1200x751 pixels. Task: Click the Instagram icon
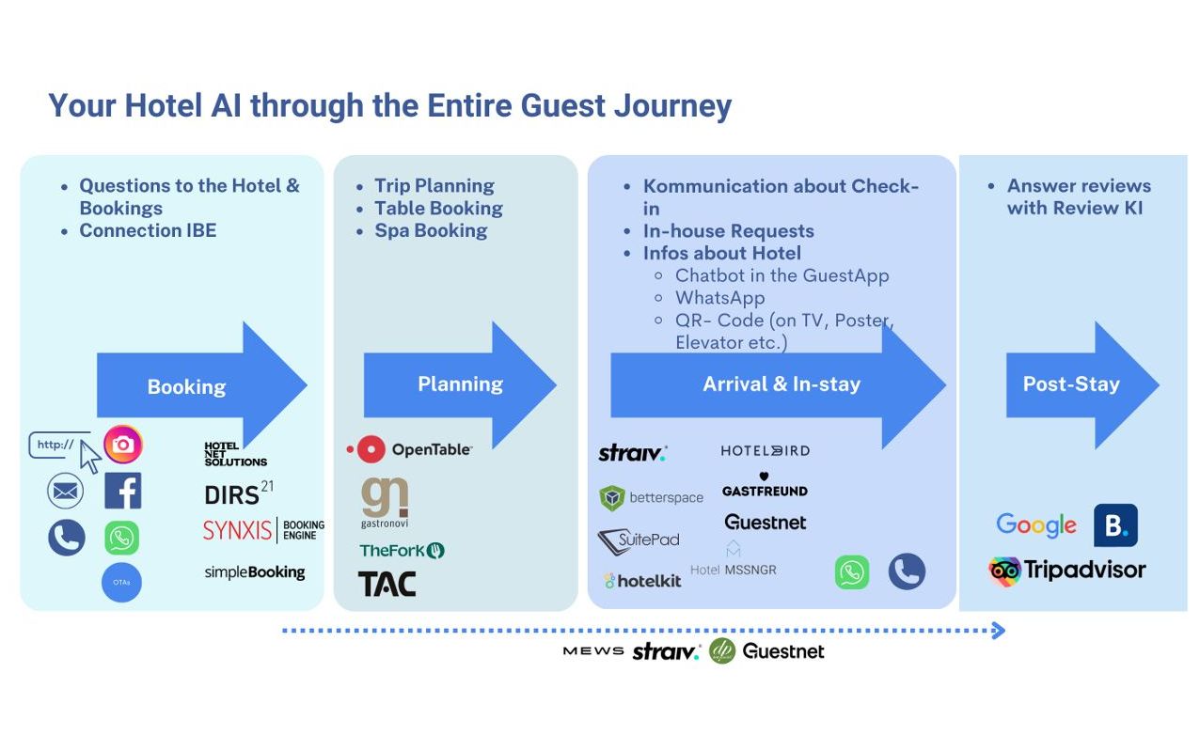point(123,444)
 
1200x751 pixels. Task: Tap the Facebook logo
point(123,491)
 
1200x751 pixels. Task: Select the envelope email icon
point(65,491)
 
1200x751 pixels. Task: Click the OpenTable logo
point(409,449)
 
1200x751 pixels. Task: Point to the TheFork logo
point(402,550)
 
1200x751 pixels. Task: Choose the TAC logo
point(387,584)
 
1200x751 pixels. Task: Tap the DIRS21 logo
point(238,493)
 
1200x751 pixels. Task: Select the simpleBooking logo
point(255,571)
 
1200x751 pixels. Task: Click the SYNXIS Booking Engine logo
point(263,530)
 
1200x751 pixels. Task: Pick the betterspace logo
point(651,497)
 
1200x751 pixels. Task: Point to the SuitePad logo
point(639,540)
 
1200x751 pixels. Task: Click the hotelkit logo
point(642,581)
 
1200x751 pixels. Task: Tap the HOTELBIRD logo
point(765,450)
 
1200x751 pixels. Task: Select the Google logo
point(1036,524)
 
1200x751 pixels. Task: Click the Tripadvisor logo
point(1066,570)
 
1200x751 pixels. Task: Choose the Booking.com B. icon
point(1115,525)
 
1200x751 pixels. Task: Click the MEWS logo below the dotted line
point(592,650)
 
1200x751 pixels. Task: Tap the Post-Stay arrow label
point(1070,383)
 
